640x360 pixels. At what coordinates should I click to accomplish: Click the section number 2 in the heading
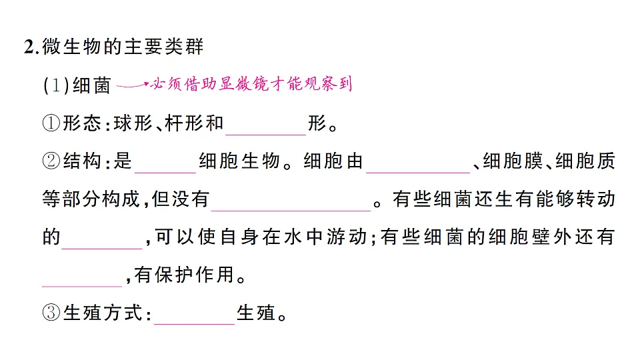click(30, 47)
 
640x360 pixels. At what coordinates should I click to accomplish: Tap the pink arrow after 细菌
click(133, 85)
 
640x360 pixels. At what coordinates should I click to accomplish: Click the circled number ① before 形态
click(51, 123)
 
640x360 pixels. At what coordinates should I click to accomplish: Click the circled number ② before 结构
click(51, 161)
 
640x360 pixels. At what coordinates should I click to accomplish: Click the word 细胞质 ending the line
click(585, 161)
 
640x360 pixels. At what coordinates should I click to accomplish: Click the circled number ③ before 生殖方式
click(51, 313)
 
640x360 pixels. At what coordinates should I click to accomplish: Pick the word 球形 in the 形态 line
click(133, 123)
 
